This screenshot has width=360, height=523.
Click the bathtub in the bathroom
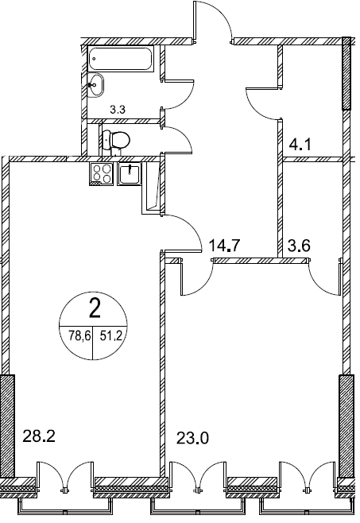click(x=121, y=59)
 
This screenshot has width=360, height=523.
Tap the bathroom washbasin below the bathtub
click(x=96, y=85)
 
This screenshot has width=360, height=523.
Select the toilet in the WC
click(x=115, y=140)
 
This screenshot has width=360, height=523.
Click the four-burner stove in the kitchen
click(x=102, y=174)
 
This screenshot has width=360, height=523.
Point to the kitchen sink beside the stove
click(x=129, y=174)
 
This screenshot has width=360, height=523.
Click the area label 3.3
click(x=118, y=109)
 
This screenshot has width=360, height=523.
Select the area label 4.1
click(x=300, y=145)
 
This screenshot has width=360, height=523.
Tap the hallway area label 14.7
click(x=224, y=246)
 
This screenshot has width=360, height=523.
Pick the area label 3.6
click(x=299, y=246)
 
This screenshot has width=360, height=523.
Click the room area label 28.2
click(x=39, y=436)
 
